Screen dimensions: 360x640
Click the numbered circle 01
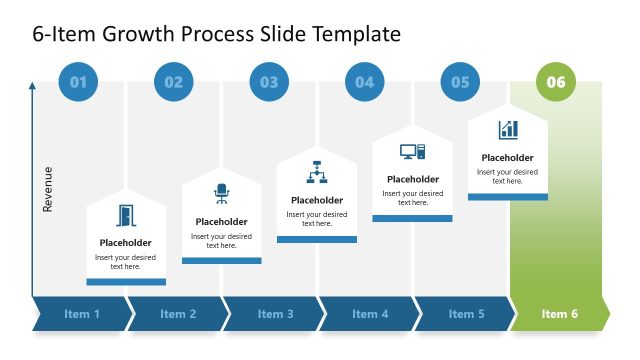(x=78, y=82)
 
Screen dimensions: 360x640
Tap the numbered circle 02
(x=174, y=82)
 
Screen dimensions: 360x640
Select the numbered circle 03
(x=269, y=82)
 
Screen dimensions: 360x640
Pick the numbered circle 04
(x=365, y=82)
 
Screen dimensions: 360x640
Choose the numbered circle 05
(x=460, y=82)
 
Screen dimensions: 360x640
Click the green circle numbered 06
(x=556, y=82)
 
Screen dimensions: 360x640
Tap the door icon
(x=126, y=216)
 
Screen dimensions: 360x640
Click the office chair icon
(x=221, y=194)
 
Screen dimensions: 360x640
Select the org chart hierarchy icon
(x=317, y=172)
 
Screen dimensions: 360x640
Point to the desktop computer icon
(x=412, y=152)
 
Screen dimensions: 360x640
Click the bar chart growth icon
(x=508, y=130)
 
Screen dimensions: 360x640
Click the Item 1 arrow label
(x=82, y=314)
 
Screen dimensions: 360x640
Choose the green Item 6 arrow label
(x=560, y=314)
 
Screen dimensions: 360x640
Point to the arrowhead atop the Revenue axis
(x=33, y=87)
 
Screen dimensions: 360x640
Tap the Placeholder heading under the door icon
(x=126, y=243)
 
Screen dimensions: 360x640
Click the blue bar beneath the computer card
(x=412, y=218)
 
